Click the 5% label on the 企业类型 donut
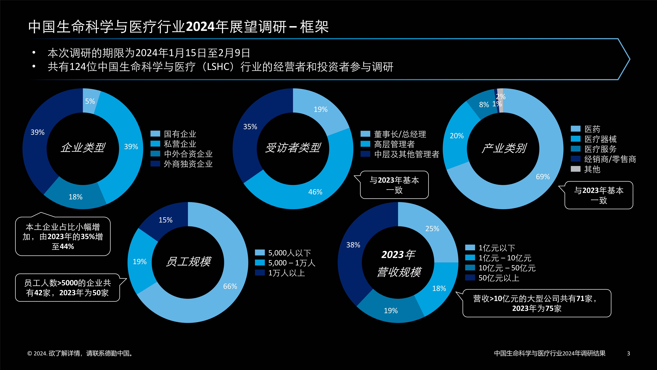90,101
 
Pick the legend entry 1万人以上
286,273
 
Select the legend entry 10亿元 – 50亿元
507,268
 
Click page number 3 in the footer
628,353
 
